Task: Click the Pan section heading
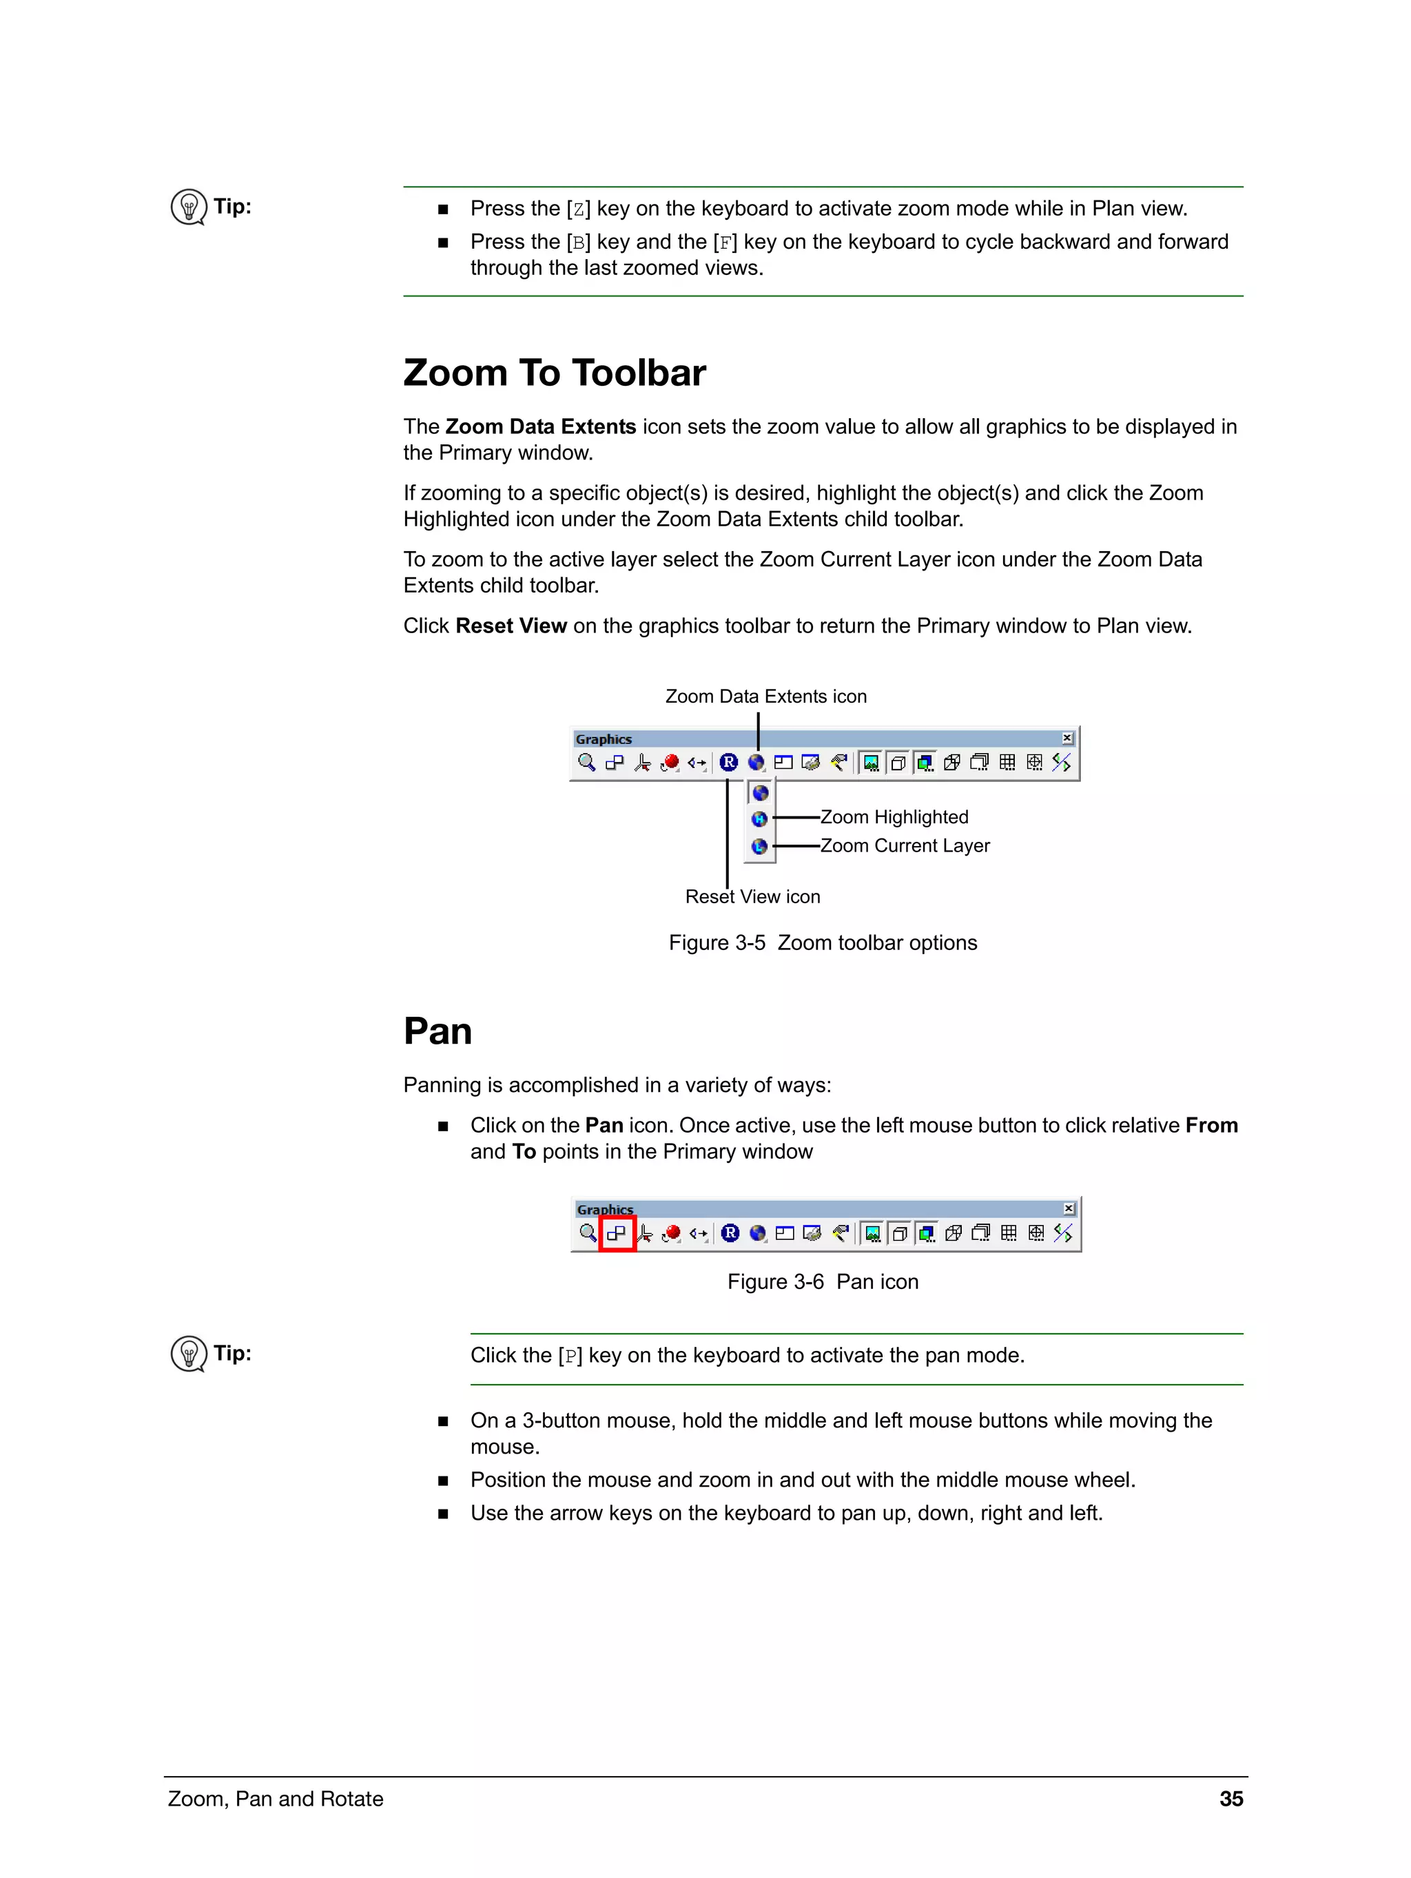pos(437,1031)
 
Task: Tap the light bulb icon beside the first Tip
pos(189,206)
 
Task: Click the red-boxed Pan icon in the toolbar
pos(617,1232)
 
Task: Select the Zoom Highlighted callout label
pos(894,817)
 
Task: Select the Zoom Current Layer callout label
pos(905,845)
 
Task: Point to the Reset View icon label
pos(752,896)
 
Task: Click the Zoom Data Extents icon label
pos(765,696)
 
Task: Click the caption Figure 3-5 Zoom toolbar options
pos(822,943)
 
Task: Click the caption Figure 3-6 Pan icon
pos(822,1282)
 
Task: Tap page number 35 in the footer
pos(1230,1799)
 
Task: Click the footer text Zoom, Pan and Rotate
pos(275,1799)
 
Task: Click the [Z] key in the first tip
pos(578,209)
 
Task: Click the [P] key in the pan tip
pos(570,1356)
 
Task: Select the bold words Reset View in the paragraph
pos(511,626)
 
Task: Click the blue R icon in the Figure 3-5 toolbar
pos(728,763)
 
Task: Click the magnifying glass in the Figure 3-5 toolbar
pos(586,763)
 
